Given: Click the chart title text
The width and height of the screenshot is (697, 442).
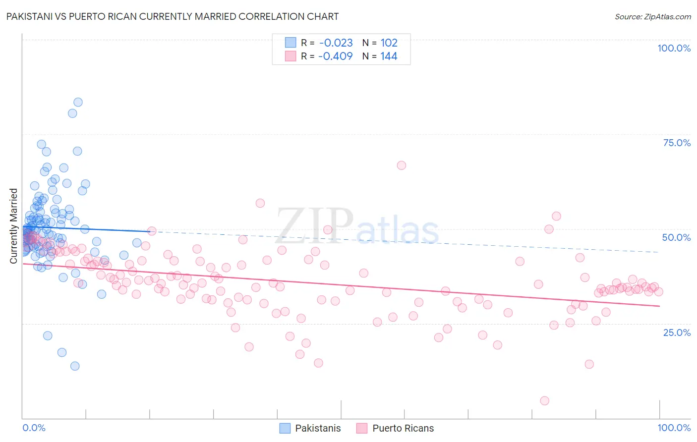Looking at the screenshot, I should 173,16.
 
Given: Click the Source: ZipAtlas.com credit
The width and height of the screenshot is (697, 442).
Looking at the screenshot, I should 652,16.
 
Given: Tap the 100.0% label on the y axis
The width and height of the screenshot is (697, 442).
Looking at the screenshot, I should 674,48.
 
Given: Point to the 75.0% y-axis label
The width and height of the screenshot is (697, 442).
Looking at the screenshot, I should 677,143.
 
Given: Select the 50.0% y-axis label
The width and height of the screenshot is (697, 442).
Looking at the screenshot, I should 676,237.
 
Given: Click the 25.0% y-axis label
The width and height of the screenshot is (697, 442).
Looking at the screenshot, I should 677,332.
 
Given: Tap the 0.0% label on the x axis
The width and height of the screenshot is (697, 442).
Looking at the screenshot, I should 34,428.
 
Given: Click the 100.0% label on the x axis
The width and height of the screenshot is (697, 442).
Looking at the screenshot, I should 674,428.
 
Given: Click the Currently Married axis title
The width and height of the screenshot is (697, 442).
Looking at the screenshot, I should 13,226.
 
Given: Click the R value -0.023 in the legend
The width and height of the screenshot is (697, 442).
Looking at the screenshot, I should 336,43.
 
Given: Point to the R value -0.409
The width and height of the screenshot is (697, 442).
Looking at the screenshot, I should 336,56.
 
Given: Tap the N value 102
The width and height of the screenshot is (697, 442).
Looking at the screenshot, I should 389,43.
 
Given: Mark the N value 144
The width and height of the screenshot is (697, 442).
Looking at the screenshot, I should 389,56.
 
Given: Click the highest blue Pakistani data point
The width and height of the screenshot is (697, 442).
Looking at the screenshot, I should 78,103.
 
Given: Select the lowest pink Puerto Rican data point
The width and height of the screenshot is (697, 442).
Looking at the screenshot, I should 544,401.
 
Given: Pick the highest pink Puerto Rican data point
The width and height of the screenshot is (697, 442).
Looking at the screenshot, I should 402,166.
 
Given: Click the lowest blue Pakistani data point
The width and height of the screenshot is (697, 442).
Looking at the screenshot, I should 75,366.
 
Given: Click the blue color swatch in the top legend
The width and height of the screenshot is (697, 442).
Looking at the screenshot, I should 290,43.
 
